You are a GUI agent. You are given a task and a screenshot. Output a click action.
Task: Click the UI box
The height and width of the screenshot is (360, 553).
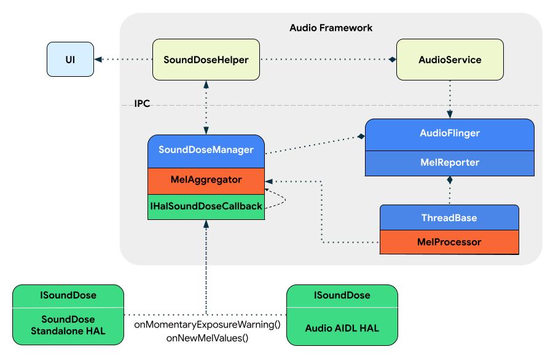click(x=71, y=60)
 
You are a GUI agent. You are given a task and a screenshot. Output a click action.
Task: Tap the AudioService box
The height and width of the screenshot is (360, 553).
click(x=450, y=60)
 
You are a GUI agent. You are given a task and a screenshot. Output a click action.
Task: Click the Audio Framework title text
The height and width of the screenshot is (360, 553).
click(x=331, y=28)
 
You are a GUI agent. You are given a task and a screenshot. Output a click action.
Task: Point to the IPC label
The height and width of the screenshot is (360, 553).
click(x=142, y=105)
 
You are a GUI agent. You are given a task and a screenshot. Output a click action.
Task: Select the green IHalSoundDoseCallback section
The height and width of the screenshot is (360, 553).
click(x=206, y=207)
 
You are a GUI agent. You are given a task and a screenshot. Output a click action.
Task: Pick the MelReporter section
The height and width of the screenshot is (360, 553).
click(x=450, y=164)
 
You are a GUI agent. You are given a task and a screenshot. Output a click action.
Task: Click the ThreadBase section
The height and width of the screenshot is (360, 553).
click(x=450, y=218)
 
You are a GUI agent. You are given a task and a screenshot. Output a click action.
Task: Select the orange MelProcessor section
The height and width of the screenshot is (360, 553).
click(x=450, y=242)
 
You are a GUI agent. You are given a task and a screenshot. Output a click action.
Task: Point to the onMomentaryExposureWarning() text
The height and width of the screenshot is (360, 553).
click(x=207, y=324)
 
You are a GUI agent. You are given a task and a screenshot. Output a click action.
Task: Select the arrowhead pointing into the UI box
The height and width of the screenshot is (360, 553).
click(x=98, y=60)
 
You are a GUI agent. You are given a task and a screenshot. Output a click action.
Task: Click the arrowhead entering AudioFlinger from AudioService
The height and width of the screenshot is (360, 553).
click(x=450, y=114)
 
